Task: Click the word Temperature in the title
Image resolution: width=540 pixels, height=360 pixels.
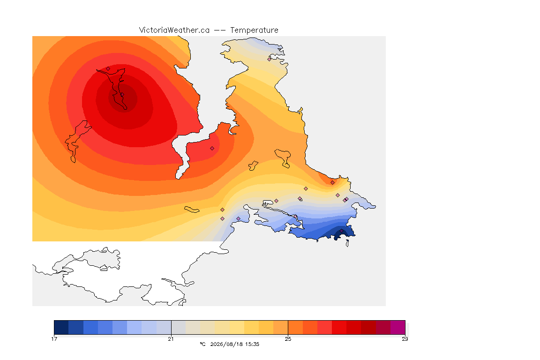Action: [254, 30]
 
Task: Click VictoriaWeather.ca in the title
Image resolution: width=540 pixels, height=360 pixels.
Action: [174, 30]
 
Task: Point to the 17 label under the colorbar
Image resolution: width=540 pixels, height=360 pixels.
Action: [54, 339]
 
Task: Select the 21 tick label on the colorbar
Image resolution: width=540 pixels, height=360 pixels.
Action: [171, 339]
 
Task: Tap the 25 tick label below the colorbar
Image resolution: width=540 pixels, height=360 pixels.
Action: [288, 339]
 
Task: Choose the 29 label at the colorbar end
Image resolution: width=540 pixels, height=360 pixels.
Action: [405, 339]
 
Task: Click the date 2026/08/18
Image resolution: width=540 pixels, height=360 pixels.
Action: [224, 344]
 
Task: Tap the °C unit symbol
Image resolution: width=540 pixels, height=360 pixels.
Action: [202, 344]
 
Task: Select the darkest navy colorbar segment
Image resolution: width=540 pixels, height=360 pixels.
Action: [61, 327]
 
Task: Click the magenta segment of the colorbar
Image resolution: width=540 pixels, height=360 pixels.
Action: [398, 327]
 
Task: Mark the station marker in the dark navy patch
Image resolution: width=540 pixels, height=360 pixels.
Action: [341, 231]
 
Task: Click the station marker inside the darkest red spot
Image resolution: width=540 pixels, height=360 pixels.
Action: [122, 95]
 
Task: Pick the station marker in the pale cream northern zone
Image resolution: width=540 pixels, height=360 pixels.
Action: [270, 59]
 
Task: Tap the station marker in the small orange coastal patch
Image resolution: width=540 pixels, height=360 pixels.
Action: [332, 183]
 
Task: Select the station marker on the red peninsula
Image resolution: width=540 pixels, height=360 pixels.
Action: [212, 149]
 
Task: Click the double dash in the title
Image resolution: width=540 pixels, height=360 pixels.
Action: [220, 30]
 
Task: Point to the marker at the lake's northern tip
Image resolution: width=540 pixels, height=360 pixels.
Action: [108, 68]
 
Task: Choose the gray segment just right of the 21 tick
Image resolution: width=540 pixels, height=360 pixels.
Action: [179, 327]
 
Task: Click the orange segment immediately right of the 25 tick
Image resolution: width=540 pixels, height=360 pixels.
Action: [295, 327]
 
